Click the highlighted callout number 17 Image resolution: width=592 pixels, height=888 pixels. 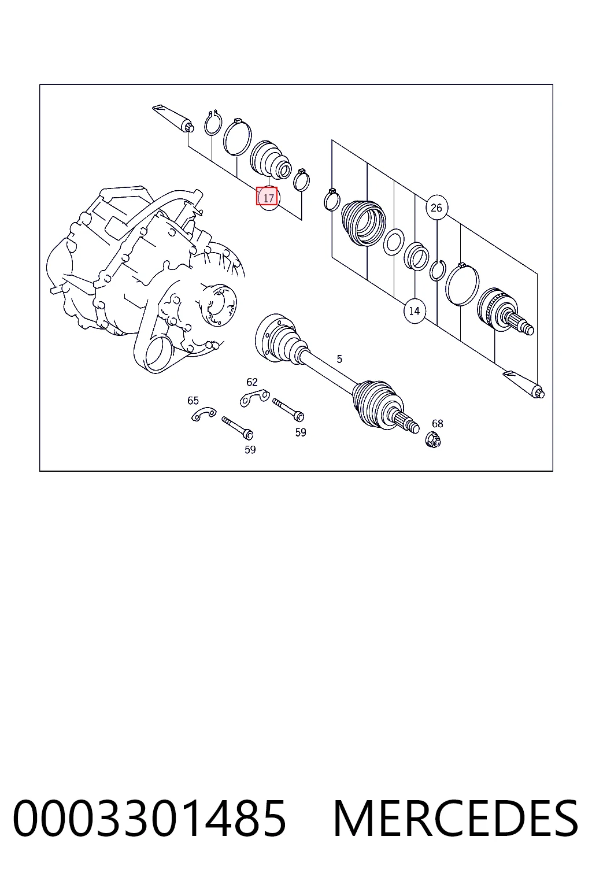pos(267,197)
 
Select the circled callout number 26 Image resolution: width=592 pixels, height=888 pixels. pos(436,208)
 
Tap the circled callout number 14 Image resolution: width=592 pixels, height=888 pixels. pos(414,311)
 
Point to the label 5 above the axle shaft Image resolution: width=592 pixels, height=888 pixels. pos(339,359)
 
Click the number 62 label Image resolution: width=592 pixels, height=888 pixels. pos(252,382)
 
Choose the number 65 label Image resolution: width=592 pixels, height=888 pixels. pos(193,401)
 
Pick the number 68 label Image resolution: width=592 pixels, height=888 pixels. pos(438,423)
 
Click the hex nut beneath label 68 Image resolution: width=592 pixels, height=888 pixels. pos(433,440)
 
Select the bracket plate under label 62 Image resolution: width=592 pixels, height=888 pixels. pos(254,397)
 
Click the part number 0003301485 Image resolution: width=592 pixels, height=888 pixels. pos(150,818)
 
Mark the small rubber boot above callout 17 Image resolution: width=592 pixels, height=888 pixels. pos(271,158)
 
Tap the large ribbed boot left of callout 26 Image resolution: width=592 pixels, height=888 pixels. pos(364,223)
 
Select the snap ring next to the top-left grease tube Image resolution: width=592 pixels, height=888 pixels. pos(213,123)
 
